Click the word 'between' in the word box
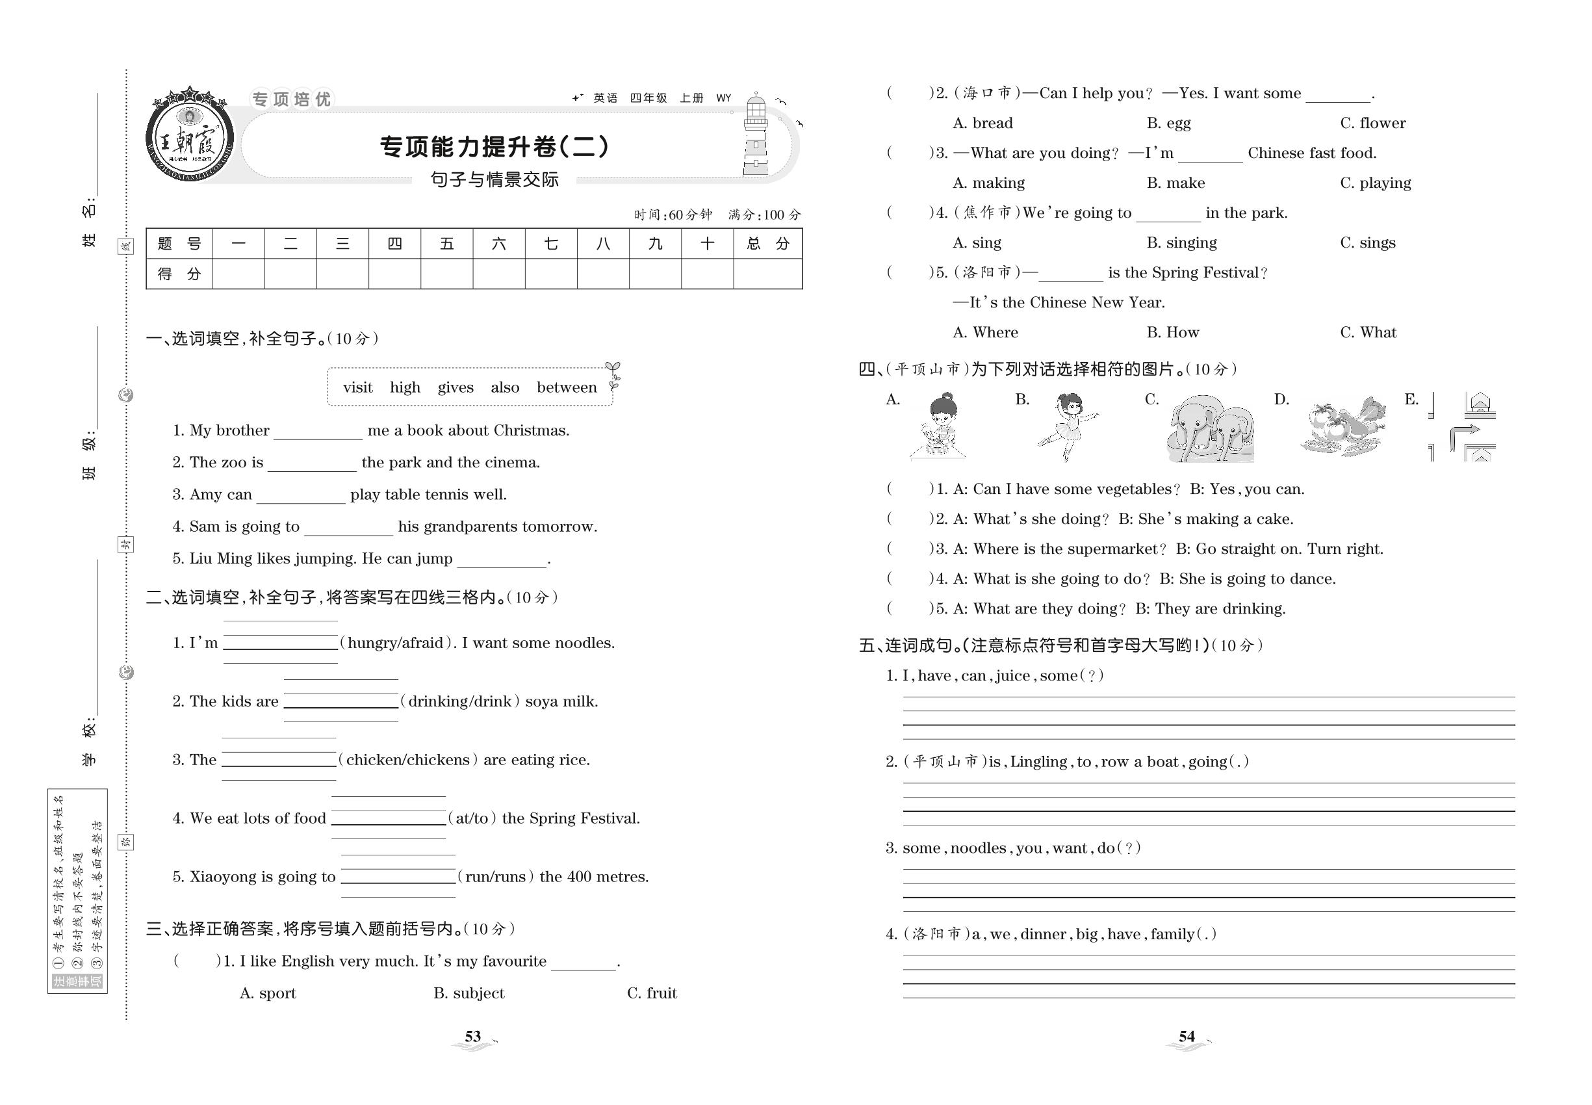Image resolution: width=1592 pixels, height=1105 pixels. point(566,387)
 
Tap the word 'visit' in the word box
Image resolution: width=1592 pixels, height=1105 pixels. point(357,387)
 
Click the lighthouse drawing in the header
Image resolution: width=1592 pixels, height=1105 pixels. point(756,136)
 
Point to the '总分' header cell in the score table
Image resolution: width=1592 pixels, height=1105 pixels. point(767,244)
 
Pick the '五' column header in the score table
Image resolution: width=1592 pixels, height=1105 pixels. point(446,244)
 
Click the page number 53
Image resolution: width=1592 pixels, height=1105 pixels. point(473,1037)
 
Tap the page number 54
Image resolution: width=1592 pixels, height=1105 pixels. point(1187,1037)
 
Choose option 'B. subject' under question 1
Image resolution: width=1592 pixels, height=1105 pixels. point(469,994)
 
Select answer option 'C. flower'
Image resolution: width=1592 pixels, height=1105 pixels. point(1372,123)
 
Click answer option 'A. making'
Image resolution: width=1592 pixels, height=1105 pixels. point(988,183)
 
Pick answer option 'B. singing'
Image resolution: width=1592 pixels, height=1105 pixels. point(1181,243)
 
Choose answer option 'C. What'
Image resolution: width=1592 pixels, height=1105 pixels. point(1368,332)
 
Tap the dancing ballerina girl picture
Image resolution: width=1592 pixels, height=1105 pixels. point(1066,426)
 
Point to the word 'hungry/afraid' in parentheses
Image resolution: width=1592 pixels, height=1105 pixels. point(395,643)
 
